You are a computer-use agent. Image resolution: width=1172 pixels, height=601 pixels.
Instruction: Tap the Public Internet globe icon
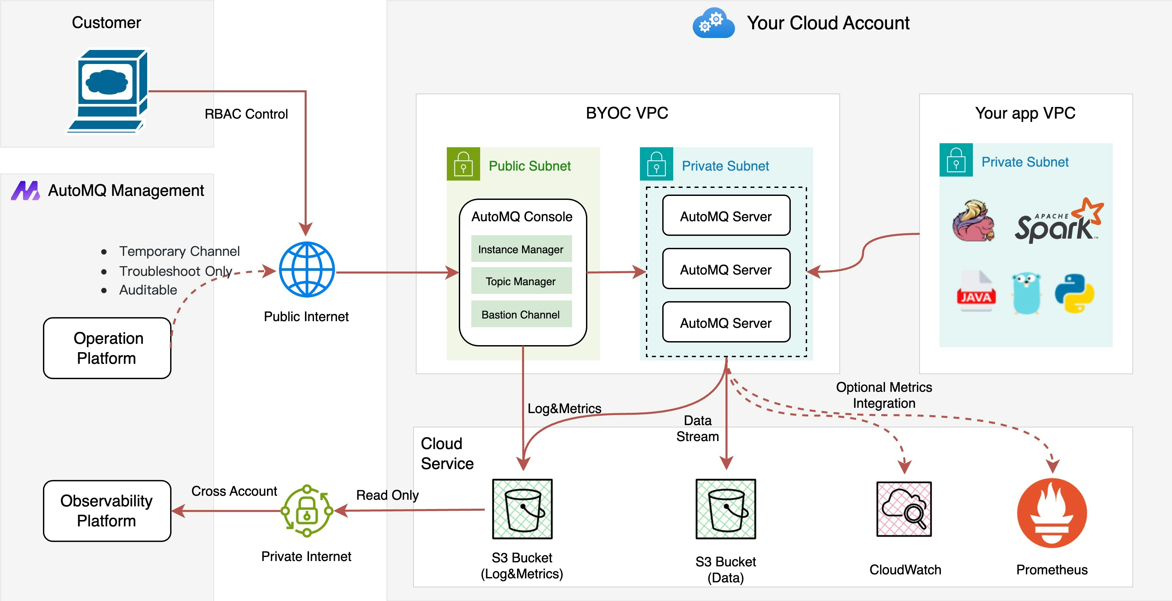click(x=307, y=270)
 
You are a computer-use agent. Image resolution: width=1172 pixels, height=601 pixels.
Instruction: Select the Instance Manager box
click(x=521, y=249)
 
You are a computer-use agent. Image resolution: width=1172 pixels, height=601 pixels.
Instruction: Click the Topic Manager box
click(x=521, y=282)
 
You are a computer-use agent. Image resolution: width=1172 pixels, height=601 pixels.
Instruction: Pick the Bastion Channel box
click(x=521, y=314)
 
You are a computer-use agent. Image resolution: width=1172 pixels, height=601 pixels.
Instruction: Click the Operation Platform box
click(x=107, y=348)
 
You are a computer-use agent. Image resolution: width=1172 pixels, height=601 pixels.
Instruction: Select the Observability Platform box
click(x=107, y=511)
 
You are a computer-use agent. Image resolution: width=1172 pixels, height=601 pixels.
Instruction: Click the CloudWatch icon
click(x=904, y=509)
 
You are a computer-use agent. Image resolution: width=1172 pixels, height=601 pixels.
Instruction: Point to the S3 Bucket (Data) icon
click(x=726, y=509)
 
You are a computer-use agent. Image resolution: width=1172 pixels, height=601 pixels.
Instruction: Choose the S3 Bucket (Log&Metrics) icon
click(x=522, y=509)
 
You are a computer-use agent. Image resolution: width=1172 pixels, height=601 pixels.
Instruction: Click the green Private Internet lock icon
click(x=307, y=511)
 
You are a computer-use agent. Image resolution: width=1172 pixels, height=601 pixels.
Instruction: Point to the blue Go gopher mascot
click(x=1026, y=294)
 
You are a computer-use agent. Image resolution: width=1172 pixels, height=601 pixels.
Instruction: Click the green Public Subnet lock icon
click(x=463, y=164)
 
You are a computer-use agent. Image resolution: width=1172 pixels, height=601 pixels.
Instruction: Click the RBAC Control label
click(x=246, y=114)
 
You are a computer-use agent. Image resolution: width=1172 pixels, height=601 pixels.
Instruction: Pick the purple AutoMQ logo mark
click(x=26, y=191)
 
